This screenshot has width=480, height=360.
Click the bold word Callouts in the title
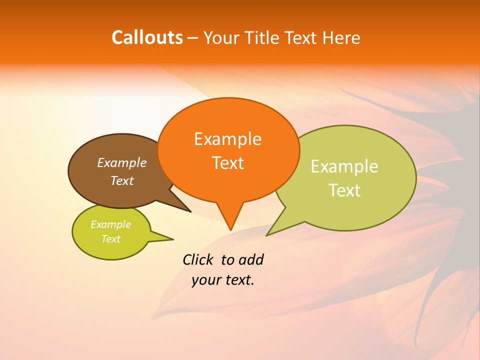pyautogui.click(x=147, y=37)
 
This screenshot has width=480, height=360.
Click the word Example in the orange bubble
pyautogui.click(x=227, y=139)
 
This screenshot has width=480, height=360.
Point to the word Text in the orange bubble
pyautogui.click(x=227, y=163)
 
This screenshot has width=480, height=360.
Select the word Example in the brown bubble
pyautogui.click(x=121, y=162)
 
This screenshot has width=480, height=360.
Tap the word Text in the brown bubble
pyautogui.click(x=121, y=180)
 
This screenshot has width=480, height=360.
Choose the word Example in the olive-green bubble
pyautogui.click(x=344, y=166)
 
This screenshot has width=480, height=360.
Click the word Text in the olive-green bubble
pyautogui.click(x=344, y=190)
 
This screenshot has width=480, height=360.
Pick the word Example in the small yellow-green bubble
pyautogui.click(x=110, y=224)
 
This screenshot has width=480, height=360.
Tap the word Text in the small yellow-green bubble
pyautogui.click(x=110, y=239)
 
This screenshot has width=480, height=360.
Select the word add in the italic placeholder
pyautogui.click(x=250, y=259)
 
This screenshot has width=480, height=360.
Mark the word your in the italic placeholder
pyautogui.click(x=205, y=280)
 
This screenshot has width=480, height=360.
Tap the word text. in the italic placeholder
pyautogui.click(x=239, y=280)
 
